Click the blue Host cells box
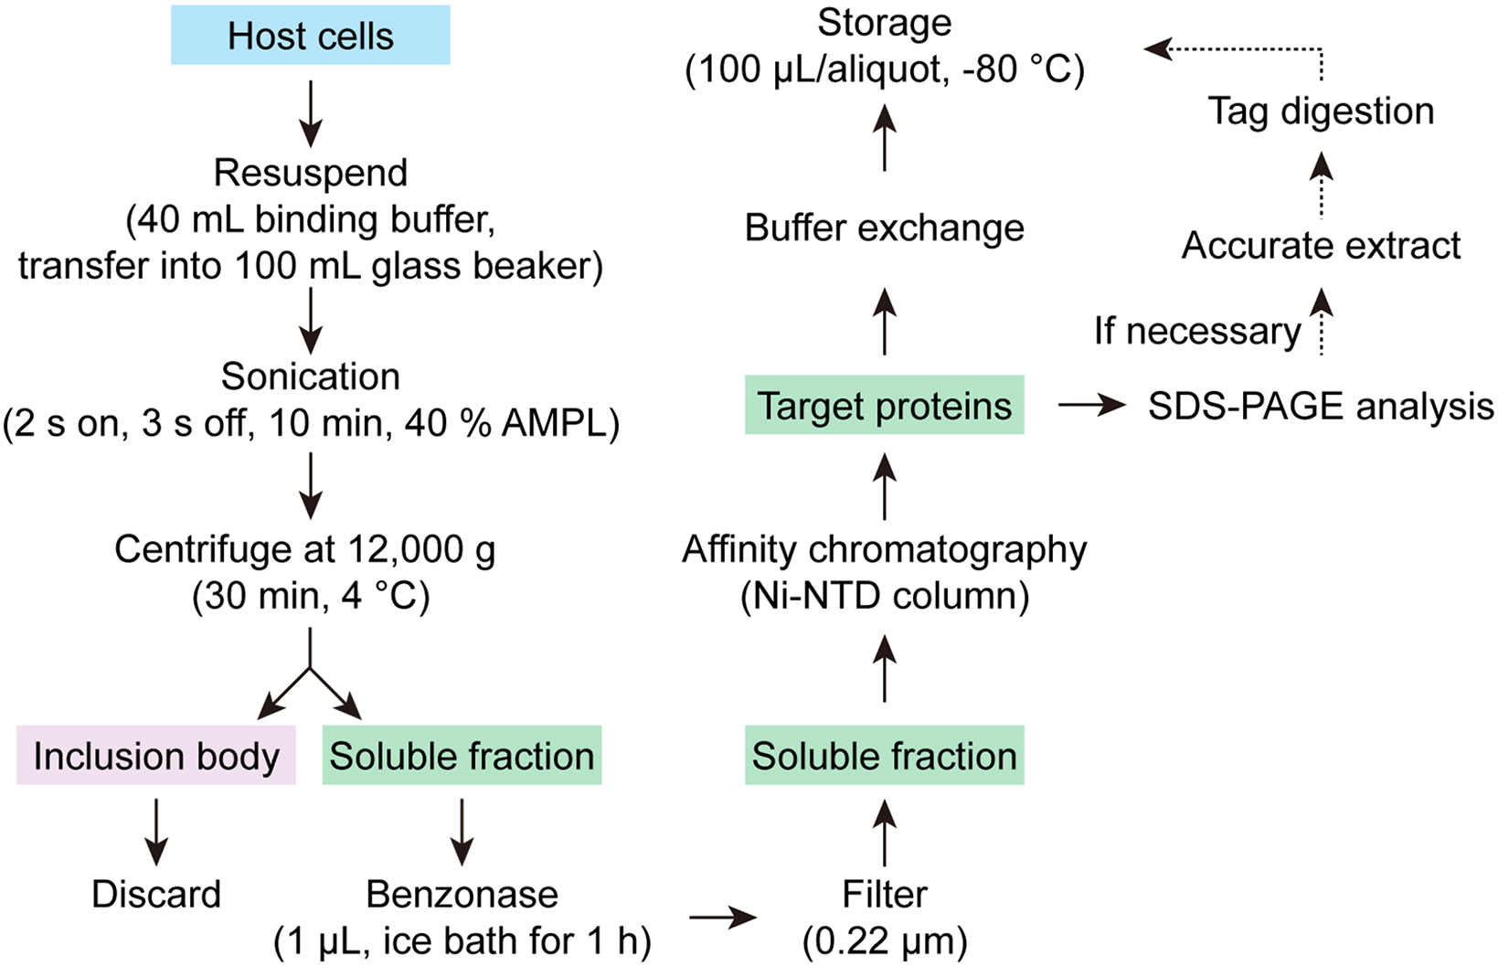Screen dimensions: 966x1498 [310, 36]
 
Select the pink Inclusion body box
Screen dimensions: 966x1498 [156, 756]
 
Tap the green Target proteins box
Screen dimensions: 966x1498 [884, 405]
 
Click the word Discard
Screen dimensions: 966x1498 [156, 894]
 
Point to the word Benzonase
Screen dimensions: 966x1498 [462, 894]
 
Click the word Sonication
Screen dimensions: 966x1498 [311, 377]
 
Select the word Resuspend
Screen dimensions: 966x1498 [311, 173]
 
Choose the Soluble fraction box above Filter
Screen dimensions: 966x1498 [884, 756]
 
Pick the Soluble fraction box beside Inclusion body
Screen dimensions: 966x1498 [462, 756]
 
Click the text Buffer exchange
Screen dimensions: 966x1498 [884, 228]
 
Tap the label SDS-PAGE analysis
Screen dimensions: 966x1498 [1321, 406]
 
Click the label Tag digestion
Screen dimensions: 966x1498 [1321, 111]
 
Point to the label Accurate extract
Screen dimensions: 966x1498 [1321, 246]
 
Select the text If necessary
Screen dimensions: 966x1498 [1197, 331]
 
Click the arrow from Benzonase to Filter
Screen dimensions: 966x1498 [722, 918]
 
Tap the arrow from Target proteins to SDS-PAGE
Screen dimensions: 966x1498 [1091, 405]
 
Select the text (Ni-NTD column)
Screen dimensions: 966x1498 [884, 597]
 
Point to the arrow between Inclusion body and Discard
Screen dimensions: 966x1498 [156, 831]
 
